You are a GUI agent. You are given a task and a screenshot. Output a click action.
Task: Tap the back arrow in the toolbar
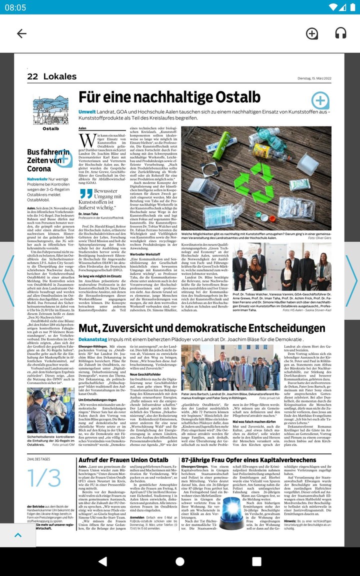pyautogui.click(x=21, y=33)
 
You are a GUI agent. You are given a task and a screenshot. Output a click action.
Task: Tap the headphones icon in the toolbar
pyautogui.click(x=340, y=33)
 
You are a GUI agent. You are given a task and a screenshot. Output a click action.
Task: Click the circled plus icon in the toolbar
pyautogui.click(x=311, y=33)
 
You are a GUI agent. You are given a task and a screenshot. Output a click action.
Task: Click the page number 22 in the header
pyautogui.click(x=32, y=76)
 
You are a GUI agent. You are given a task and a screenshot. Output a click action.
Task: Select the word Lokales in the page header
pyautogui.click(x=60, y=76)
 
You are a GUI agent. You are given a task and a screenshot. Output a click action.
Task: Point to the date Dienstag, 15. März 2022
pyautogui.click(x=318, y=77)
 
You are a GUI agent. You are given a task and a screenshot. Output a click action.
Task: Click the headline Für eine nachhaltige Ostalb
pyautogui.click(x=169, y=97)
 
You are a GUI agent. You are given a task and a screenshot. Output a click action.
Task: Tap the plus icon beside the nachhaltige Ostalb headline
pyautogui.click(x=320, y=100)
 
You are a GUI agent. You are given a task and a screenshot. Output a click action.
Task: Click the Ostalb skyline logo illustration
pyautogui.click(x=50, y=110)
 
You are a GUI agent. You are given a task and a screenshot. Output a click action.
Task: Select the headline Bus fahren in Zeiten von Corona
pyautogui.click(x=44, y=160)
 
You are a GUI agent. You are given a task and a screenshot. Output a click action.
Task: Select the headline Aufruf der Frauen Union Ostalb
pyautogui.click(x=123, y=460)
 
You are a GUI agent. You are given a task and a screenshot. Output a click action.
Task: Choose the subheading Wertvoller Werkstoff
pyautogui.click(x=145, y=254)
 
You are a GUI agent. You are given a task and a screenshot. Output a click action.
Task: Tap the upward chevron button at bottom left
pyautogui.click(x=18, y=535)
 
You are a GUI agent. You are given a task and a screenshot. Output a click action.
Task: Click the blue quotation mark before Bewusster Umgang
pyautogui.click(x=85, y=193)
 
